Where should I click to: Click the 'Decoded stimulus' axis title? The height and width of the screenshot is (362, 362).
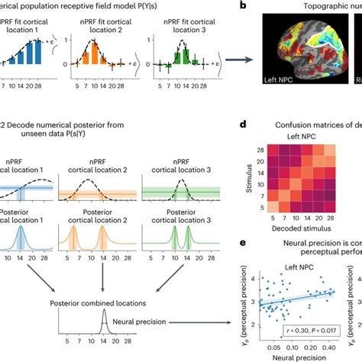(x=293, y=227)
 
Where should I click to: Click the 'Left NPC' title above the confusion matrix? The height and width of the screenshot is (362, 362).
(x=295, y=137)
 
